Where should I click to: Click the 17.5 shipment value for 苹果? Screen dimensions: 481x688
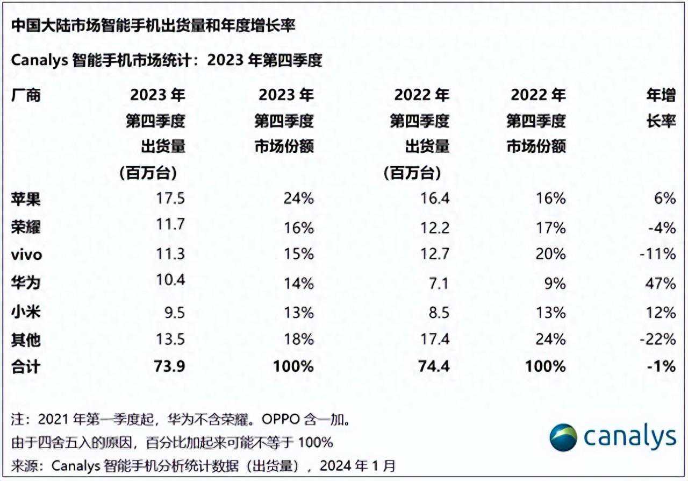tap(170, 199)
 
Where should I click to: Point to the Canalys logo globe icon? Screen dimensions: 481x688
tap(563, 437)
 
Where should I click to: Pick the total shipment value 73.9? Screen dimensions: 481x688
tap(170, 367)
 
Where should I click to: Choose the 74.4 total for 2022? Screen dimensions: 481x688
tap(434, 367)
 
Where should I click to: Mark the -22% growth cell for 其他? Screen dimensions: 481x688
tap(658, 339)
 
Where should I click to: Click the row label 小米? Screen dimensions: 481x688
tap(26, 312)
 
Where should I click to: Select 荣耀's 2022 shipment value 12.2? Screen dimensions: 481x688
tap(435, 227)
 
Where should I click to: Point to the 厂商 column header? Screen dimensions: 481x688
tap(26, 96)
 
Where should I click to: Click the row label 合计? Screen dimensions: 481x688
tap(26, 367)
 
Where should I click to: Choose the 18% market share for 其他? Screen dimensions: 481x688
tap(299, 339)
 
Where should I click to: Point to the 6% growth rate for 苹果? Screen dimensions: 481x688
tap(664, 199)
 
